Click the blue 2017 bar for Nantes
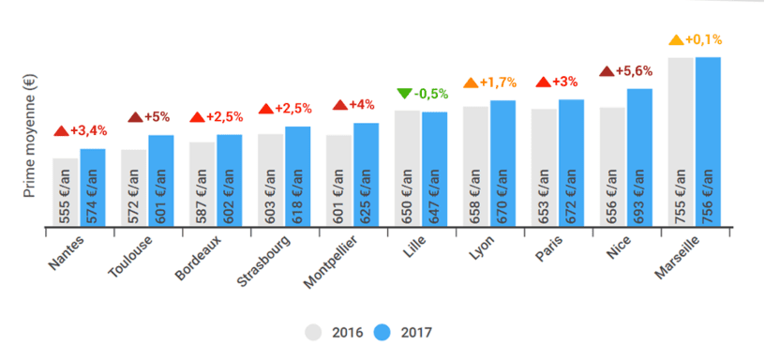(x=93, y=187)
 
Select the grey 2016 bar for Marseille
(x=681, y=141)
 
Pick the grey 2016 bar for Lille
(x=407, y=168)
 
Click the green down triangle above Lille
(x=404, y=93)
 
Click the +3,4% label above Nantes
(x=87, y=129)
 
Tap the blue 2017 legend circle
(x=382, y=332)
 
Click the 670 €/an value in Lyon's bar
(x=503, y=195)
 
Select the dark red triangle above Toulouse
(x=135, y=116)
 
